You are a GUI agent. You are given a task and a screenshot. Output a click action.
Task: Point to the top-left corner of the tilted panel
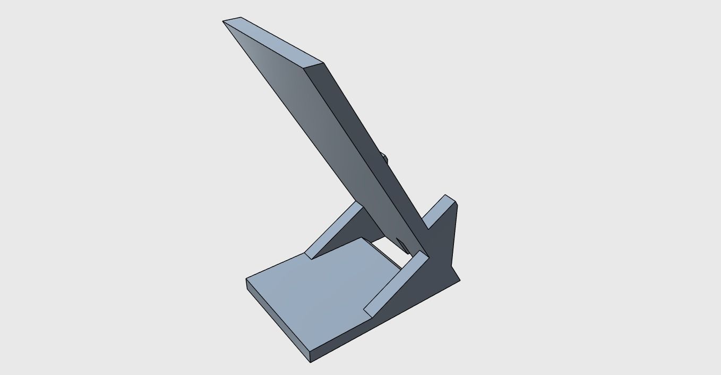tap(223, 21)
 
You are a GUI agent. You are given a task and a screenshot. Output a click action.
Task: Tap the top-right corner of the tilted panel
tap(323, 63)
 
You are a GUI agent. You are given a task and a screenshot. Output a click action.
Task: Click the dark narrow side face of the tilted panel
tap(366, 149)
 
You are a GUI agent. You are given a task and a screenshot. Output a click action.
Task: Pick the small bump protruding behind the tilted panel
tap(384, 157)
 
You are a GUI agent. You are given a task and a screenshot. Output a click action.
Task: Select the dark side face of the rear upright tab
tap(446, 239)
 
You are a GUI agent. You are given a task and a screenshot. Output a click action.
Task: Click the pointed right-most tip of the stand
tap(460, 280)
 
